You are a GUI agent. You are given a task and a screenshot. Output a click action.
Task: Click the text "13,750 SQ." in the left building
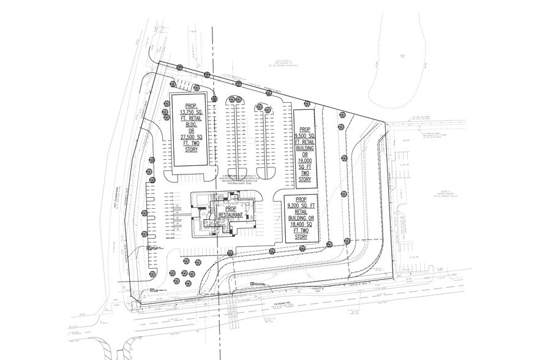[x=192, y=113]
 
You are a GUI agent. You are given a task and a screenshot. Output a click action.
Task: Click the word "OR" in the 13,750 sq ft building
[x=192, y=130]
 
